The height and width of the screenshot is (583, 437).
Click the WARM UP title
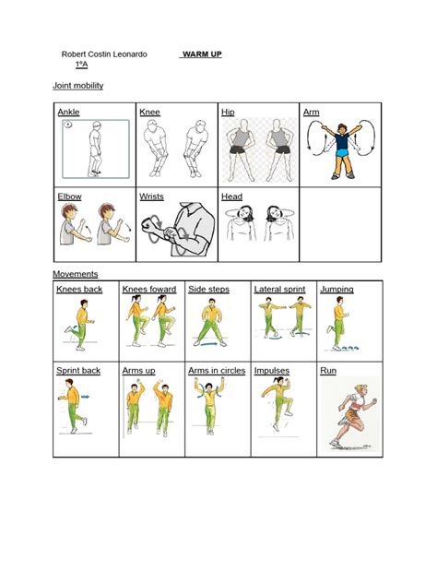202,54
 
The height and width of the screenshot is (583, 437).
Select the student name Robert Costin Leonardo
104,54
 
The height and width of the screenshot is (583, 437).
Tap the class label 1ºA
81,65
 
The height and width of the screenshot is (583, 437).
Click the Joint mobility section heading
78,86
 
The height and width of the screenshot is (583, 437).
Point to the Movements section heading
76,274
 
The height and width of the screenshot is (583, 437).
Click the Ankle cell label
68,112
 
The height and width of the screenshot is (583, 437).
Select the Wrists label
151,196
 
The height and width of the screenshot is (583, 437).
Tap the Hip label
228,112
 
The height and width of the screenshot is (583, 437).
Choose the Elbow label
69,196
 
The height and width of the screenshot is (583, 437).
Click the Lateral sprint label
280,289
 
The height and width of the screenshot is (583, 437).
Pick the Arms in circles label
217,370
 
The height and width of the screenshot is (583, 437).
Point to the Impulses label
272,371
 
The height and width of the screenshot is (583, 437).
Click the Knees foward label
149,289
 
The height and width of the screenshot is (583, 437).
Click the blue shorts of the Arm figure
342,152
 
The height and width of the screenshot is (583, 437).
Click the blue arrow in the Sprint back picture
85,397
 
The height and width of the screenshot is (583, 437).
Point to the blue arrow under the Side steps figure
209,344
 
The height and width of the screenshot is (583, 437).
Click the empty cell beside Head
340,224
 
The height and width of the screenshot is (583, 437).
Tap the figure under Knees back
80,325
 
